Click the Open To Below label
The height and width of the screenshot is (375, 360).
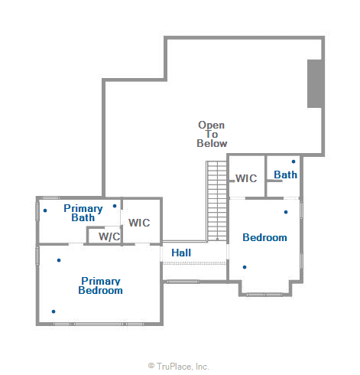(212, 134)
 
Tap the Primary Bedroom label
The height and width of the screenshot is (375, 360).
(101, 285)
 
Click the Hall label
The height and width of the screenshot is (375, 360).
(181, 253)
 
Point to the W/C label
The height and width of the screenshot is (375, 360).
(109, 236)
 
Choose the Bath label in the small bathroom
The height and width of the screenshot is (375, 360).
(285, 174)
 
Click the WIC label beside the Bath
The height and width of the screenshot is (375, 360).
(245, 178)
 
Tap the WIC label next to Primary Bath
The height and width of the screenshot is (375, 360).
(139, 223)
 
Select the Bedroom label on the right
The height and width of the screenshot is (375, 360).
(264, 237)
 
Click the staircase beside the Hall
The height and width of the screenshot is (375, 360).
(217, 200)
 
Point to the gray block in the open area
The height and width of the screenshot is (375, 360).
(315, 84)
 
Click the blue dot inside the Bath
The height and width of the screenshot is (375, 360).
(294, 161)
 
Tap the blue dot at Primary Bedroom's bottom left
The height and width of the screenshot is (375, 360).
(54, 311)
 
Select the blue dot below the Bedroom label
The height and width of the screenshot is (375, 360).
(245, 266)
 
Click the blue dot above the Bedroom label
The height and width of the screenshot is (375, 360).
(286, 212)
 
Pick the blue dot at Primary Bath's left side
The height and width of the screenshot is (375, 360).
(45, 210)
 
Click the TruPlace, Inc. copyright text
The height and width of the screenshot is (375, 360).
(179, 367)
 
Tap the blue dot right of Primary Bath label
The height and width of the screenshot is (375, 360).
(115, 205)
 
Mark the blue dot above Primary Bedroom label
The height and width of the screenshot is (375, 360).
(59, 260)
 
